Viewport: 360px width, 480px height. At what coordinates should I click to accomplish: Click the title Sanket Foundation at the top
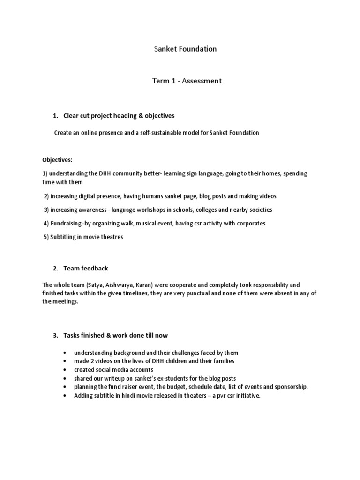coord(185,49)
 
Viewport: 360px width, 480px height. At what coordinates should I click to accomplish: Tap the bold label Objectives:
coord(57,160)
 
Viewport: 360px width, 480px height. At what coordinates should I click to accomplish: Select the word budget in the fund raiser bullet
coord(182,387)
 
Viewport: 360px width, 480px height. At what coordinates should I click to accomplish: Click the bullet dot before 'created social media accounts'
coord(63,370)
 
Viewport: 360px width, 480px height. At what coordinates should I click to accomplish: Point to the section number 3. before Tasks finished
coord(55,335)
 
